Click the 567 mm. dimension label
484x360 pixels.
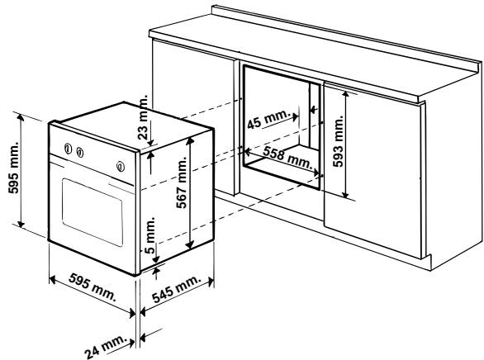183,192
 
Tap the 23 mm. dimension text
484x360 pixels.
146,115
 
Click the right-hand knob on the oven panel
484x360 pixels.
121,165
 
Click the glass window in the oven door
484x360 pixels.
91,206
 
